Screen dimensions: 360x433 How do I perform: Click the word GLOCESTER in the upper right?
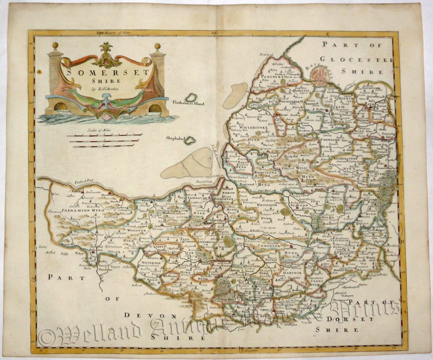(x=363, y=60)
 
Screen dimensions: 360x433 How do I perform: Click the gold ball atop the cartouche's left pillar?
(x=55, y=45)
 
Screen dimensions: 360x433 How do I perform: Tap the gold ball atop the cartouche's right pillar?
(x=157, y=46)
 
